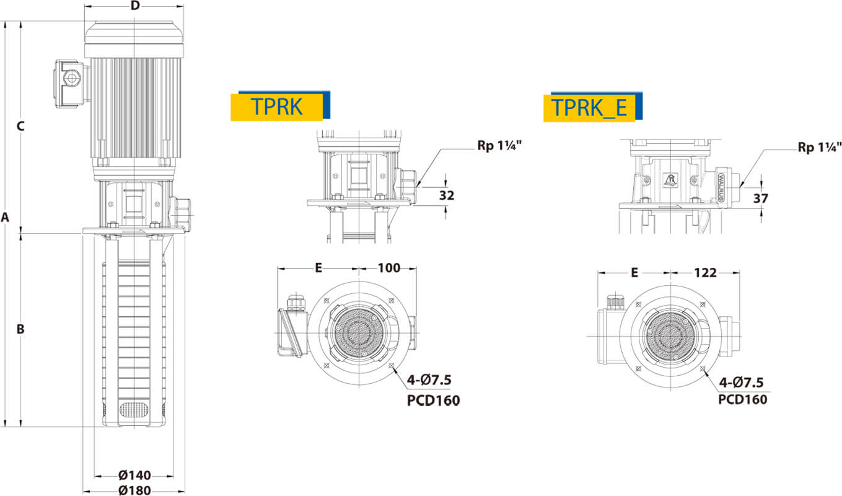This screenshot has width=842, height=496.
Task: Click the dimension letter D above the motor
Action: [x=135, y=6]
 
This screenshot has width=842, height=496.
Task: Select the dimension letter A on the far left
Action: [x=5, y=217]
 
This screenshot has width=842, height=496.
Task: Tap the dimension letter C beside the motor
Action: [x=20, y=126]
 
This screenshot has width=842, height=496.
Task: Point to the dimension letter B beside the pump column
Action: [x=20, y=329]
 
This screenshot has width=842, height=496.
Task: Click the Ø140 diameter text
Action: [x=134, y=476]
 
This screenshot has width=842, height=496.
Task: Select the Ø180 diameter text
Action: [x=134, y=490]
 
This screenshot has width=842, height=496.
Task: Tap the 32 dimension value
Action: [x=447, y=195]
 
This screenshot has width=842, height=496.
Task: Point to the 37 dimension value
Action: [x=761, y=198]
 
